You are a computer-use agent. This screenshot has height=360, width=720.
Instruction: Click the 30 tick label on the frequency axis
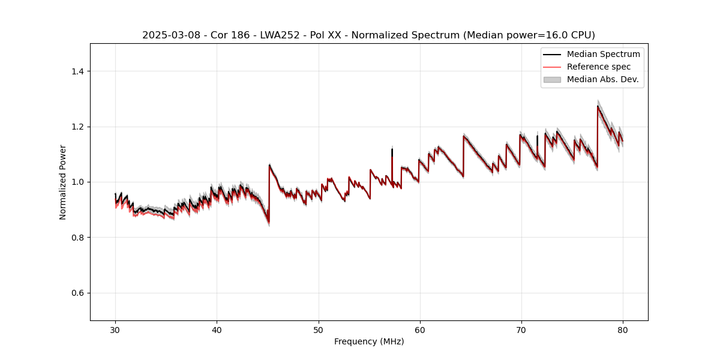click(x=115, y=329)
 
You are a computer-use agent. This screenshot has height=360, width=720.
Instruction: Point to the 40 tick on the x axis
click(x=217, y=329)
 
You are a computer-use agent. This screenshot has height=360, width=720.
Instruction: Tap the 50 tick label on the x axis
click(x=318, y=329)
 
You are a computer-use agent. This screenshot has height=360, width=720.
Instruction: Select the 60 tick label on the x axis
click(x=419, y=329)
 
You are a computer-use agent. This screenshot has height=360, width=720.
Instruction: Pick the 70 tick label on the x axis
click(x=521, y=329)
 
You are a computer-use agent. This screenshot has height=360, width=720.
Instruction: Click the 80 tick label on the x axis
click(x=622, y=329)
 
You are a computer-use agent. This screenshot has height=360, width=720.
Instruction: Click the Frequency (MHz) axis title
click(x=369, y=341)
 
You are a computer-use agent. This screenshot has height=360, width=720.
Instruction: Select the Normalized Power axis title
click(x=63, y=182)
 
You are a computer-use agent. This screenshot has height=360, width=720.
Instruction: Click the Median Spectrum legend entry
click(x=603, y=54)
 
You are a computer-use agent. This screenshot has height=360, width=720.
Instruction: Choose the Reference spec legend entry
click(x=598, y=67)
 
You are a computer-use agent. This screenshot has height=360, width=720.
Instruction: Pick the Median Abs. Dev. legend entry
click(x=602, y=79)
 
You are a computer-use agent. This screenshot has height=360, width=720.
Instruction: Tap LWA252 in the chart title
click(x=281, y=35)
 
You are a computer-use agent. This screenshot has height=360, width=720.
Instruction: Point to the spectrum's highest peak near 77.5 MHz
click(x=598, y=107)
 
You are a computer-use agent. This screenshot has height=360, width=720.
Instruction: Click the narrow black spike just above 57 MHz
click(x=392, y=149)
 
